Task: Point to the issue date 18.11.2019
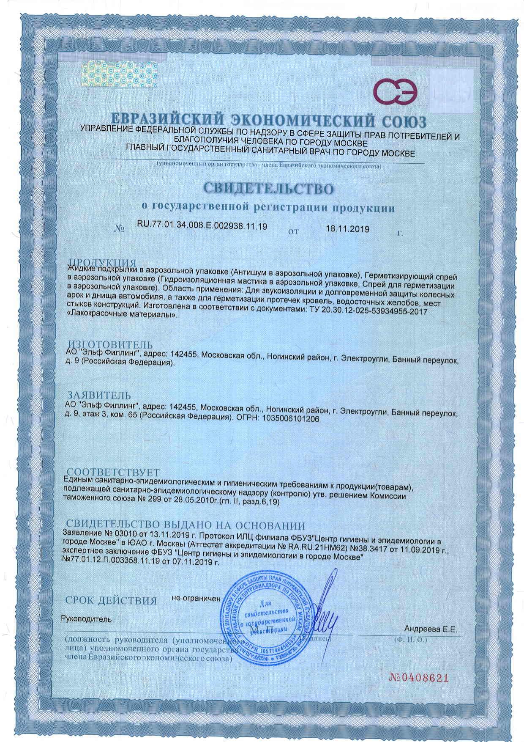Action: point(348,229)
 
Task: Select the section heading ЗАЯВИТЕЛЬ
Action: point(100,395)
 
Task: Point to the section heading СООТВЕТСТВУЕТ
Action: point(113,472)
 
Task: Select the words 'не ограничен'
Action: point(196,599)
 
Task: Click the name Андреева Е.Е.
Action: point(431,629)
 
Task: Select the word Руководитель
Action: point(87,619)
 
